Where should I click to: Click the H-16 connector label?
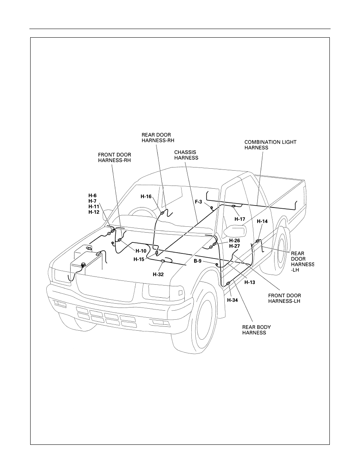coord(146,197)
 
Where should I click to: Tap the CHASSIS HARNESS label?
coord(186,155)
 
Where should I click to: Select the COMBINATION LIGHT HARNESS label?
coord(270,145)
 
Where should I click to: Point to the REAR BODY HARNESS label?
coord(256,330)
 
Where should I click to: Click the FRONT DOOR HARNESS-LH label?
coord(284,299)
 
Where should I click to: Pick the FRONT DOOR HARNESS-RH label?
coord(115,158)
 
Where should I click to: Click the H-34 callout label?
coord(233,300)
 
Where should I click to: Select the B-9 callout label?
coord(198,261)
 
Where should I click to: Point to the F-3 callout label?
coord(198,202)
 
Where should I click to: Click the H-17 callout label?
coord(240,219)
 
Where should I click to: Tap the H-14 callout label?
coord(262,221)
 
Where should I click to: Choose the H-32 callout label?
coord(158,275)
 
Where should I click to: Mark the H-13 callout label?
coord(250,282)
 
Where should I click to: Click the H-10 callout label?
coord(141,251)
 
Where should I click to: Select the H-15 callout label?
coord(139,259)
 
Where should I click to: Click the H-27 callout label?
coord(235,246)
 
